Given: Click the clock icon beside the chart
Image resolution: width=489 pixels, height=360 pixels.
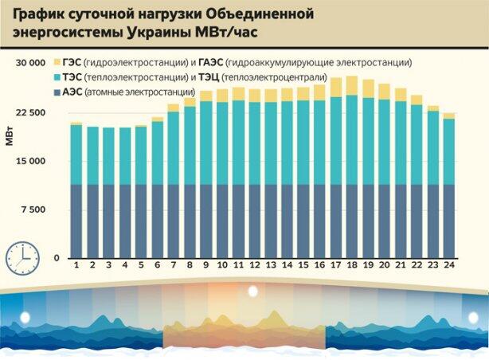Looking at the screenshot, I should pyautogui.click(x=23, y=254).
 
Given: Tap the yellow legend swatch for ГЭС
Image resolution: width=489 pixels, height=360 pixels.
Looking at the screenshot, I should pyautogui.click(x=56, y=62).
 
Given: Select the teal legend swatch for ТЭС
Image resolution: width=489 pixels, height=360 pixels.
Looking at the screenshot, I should pyautogui.click(x=56, y=77).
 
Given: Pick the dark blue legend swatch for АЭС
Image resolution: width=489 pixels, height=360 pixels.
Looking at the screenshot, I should pyautogui.click(x=56, y=93).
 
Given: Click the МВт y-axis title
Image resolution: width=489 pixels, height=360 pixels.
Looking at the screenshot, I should pyautogui.click(x=9, y=136).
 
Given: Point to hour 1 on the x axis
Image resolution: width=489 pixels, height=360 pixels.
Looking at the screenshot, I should pyautogui.click(x=76, y=265).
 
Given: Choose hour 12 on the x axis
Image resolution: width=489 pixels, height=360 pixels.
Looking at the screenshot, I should pyautogui.click(x=255, y=265).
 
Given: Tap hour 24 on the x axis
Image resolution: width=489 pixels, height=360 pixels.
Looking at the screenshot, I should pyautogui.click(x=449, y=265).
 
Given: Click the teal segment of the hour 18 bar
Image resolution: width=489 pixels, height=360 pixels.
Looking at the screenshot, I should pyautogui.click(x=352, y=140).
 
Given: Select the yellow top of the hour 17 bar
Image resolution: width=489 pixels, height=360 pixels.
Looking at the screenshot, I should pyautogui.click(x=336, y=87).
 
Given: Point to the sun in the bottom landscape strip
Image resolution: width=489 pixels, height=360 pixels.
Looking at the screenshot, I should pyautogui.click(x=252, y=292).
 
